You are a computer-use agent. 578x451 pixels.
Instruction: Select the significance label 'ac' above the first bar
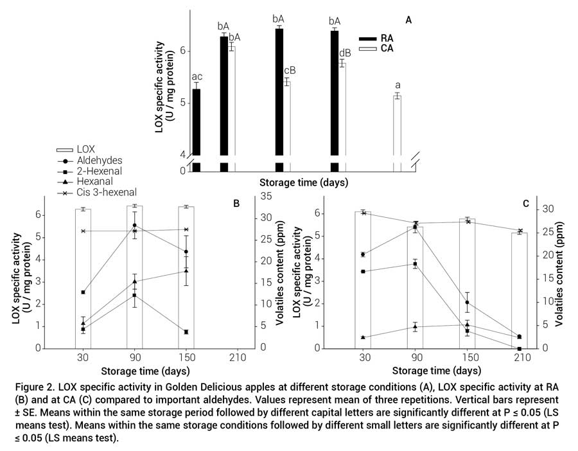197,76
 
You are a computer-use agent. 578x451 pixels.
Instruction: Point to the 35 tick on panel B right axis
265,197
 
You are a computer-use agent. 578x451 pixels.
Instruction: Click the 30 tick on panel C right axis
550,209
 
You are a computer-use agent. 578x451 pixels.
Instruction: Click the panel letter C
525,204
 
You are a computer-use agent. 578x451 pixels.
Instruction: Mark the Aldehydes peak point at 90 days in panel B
134,225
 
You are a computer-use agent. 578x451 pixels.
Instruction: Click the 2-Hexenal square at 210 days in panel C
519,348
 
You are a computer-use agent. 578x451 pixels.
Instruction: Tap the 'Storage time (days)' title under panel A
304,182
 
